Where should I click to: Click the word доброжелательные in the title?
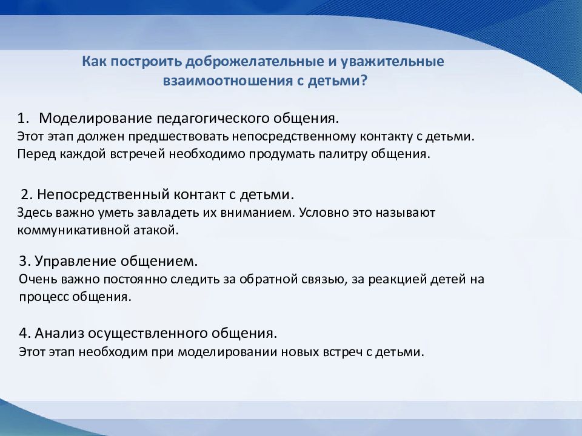pyautogui.click(x=255, y=62)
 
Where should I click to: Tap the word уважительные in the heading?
pyautogui.click(x=392, y=62)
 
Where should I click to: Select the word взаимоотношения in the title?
pyautogui.click(x=228, y=81)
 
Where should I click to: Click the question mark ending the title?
pyautogui.click(x=363, y=80)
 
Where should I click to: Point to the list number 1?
pyautogui.click(x=22, y=118)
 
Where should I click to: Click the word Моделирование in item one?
pyautogui.click(x=96, y=119)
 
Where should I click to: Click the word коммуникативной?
pyautogui.click(x=73, y=230)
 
